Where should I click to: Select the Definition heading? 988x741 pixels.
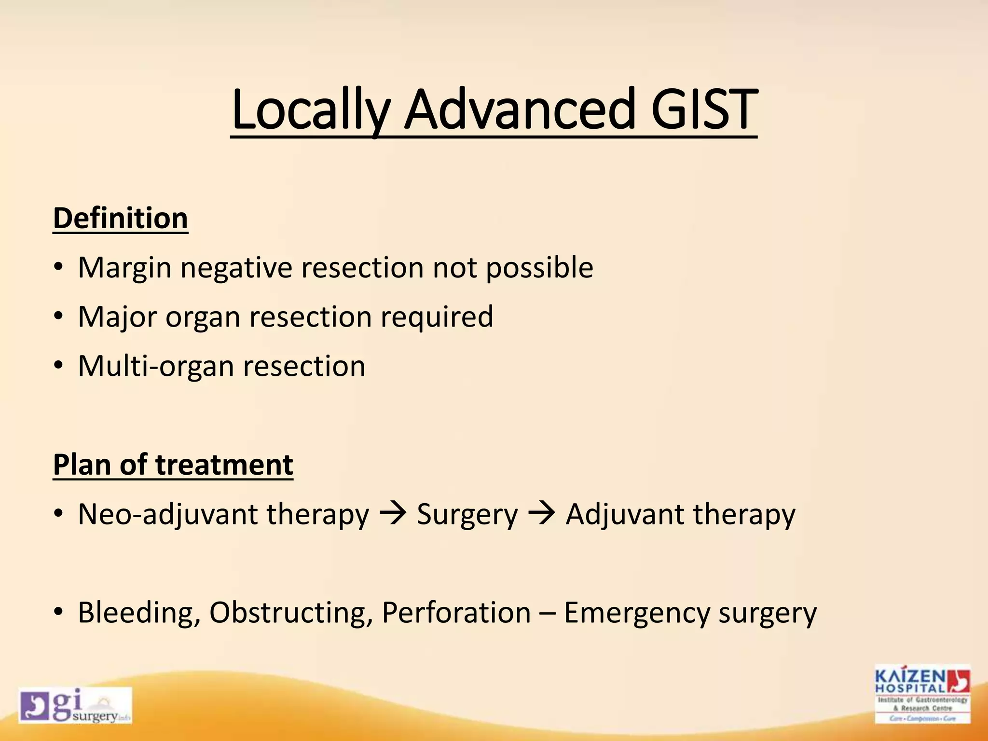tap(120, 219)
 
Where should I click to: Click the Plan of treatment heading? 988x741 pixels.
tap(173, 465)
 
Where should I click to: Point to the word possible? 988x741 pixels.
tap(539, 268)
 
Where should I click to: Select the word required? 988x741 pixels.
tap(437, 317)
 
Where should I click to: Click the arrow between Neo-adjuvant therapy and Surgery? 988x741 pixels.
tap(393, 514)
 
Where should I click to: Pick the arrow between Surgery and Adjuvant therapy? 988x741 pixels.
tap(541, 514)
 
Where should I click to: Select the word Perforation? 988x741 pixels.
tap(456, 613)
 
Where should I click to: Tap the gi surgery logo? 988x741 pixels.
tap(75, 705)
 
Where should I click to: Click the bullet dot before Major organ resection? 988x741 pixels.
tap(58, 317)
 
